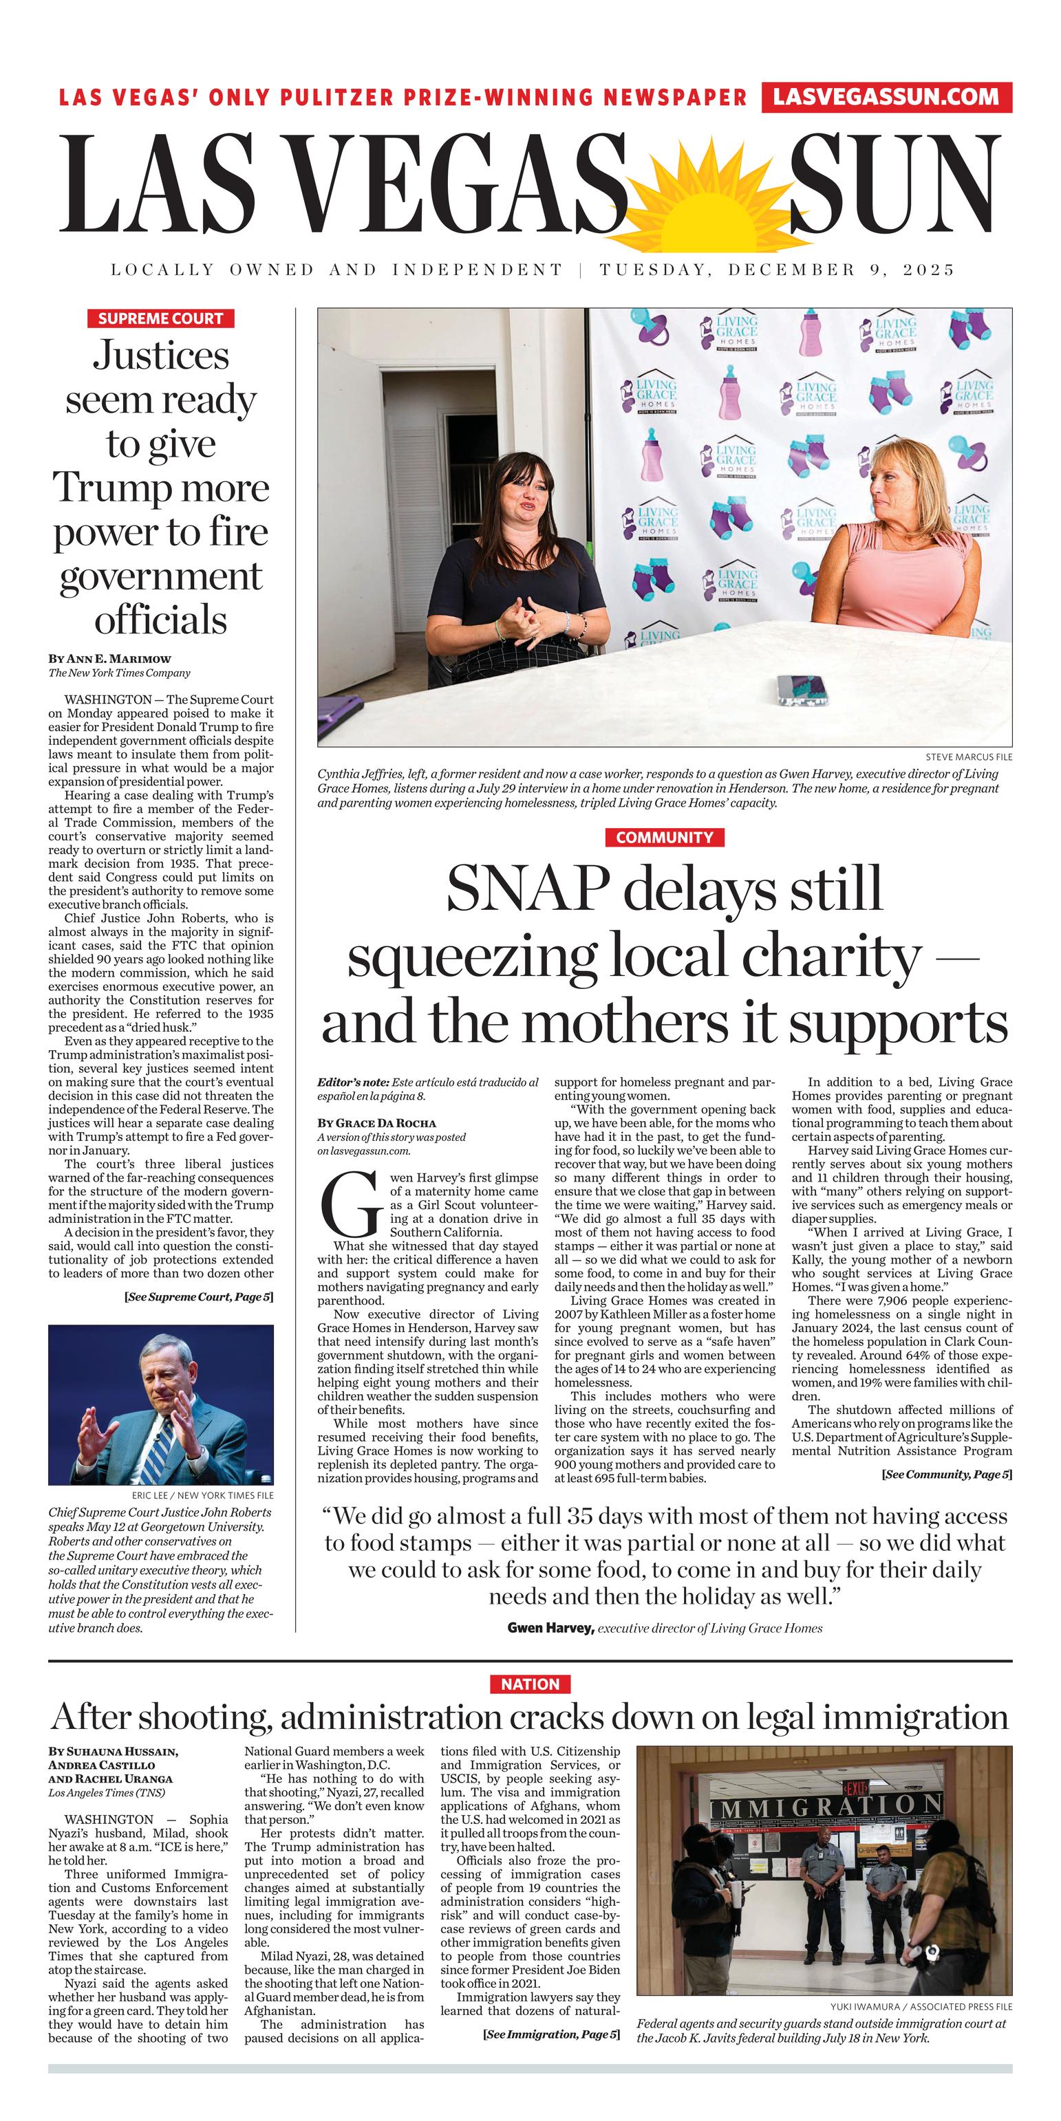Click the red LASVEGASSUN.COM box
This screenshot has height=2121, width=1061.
click(886, 97)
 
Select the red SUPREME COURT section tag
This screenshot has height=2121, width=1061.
click(160, 318)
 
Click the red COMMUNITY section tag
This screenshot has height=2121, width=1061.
click(664, 838)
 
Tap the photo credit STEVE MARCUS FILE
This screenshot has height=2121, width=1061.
click(968, 757)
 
